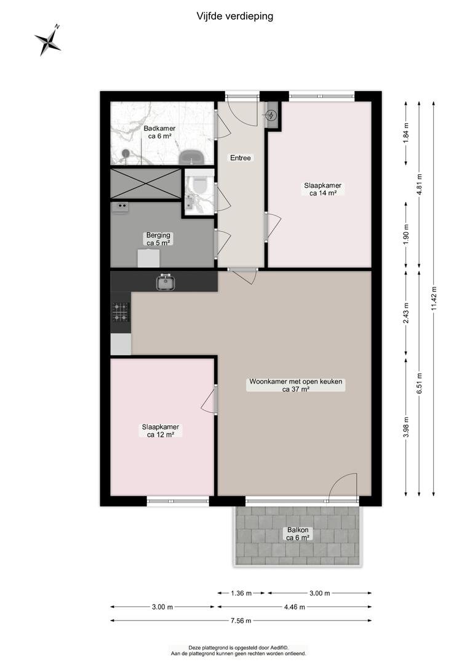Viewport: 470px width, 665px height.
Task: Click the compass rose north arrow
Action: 47,40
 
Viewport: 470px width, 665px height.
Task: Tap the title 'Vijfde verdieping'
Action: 235,17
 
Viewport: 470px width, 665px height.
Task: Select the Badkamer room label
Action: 159,132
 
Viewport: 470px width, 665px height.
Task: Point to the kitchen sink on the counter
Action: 166,282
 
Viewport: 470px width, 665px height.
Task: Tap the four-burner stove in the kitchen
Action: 121,312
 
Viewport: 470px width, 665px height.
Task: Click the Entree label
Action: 241,158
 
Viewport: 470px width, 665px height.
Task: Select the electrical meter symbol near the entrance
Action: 271,115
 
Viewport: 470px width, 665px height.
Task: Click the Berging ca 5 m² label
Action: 159,239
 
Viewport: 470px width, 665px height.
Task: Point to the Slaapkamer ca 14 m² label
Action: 323,189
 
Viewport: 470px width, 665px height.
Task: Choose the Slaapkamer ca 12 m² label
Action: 161,430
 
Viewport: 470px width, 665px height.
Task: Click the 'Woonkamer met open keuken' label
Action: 296,381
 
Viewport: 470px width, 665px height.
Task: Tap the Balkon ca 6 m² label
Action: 298,533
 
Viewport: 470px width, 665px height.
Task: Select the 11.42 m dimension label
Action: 434,299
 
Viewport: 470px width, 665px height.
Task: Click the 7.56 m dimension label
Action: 241,621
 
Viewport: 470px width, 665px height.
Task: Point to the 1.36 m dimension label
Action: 242,594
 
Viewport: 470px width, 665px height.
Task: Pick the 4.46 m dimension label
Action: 295,607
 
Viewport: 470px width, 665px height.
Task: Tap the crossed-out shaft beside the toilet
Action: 146,183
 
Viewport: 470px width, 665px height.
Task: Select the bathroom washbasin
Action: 193,158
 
